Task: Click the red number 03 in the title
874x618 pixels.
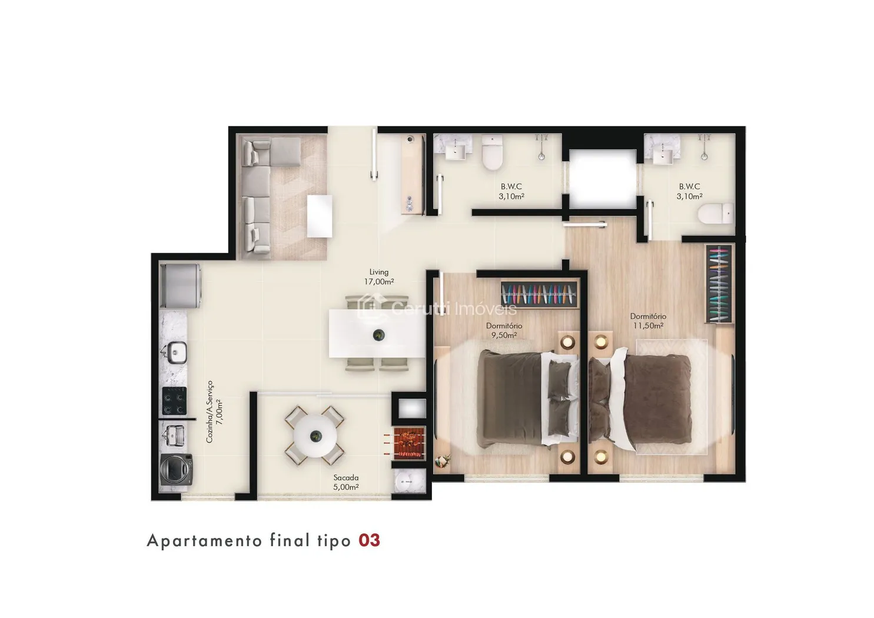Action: (369, 541)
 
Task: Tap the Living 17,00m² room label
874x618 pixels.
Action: (379, 277)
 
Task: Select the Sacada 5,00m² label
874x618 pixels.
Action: (345, 482)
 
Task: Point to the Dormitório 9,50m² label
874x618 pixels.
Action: (504, 330)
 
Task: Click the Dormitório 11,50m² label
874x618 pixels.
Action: (648, 321)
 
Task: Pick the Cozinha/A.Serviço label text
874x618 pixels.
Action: (210, 411)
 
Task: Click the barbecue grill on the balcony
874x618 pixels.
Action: (408, 443)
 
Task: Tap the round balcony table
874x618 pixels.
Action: (315, 436)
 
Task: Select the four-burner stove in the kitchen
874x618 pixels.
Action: (174, 401)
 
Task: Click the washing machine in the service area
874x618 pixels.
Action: (176, 469)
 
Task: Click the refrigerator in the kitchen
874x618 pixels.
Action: (180, 286)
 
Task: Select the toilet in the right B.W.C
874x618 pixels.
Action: (715, 214)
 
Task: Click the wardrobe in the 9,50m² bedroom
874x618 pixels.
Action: (539, 294)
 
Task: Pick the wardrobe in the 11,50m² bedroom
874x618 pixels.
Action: (718, 284)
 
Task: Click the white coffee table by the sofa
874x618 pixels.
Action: (320, 216)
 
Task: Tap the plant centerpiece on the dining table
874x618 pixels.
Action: (378, 335)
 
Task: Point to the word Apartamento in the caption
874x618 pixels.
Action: (204, 541)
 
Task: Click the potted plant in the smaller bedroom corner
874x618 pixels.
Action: (443, 461)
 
